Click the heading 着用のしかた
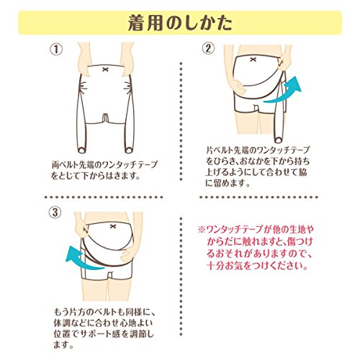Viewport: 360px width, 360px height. [x=180, y=23]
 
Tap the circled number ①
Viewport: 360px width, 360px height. [x=56, y=50]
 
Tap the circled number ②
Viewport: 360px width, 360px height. [x=208, y=48]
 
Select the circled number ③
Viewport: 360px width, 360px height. [x=55, y=212]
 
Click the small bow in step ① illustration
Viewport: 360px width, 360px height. [x=105, y=70]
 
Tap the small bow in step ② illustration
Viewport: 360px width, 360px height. [x=253, y=60]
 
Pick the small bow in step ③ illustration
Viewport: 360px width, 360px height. [x=113, y=226]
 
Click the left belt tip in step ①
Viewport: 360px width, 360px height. [x=82, y=150]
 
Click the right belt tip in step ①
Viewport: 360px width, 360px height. [x=129, y=150]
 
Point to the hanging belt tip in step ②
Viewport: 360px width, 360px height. [x=279, y=139]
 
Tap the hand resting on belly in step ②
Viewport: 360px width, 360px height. [x=239, y=86]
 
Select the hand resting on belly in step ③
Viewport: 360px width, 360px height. [x=127, y=254]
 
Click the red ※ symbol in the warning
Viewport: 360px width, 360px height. [x=202, y=230]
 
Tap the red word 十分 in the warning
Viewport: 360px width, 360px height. [x=215, y=266]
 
